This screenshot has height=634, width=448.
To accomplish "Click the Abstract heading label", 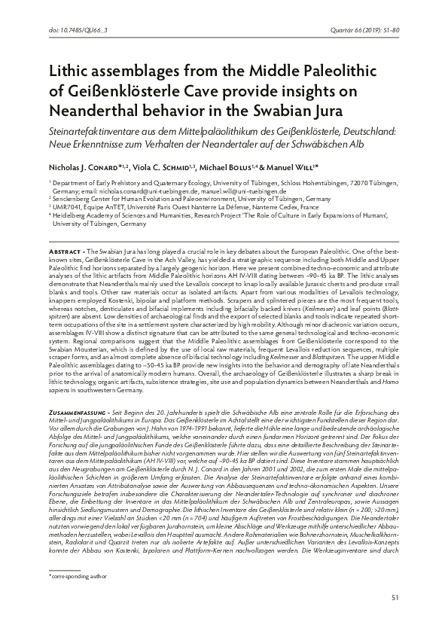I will click(x=66, y=249).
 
